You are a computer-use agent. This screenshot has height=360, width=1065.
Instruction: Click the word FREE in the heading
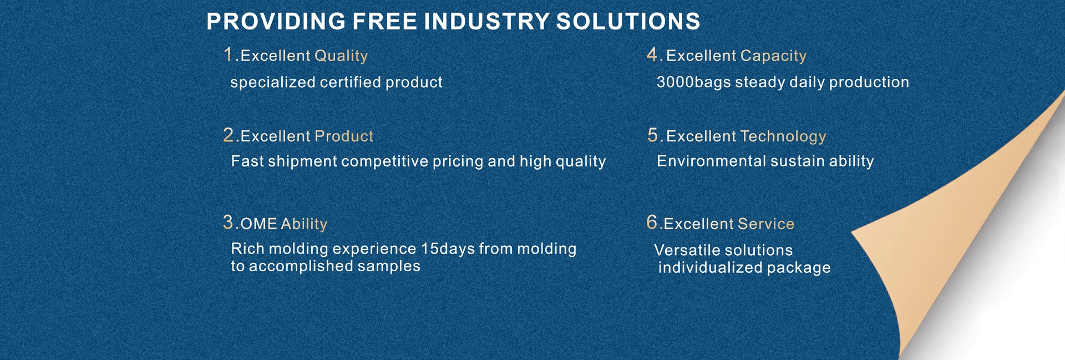(385, 22)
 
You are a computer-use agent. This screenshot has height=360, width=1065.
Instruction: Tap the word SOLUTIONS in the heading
(628, 22)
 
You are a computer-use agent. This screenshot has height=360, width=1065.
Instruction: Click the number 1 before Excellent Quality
(228, 54)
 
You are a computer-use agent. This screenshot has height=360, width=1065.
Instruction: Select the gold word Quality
(341, 56)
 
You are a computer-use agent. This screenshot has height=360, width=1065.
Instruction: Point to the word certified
(351, 82)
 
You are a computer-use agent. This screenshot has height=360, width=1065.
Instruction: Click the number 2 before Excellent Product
(229, 135)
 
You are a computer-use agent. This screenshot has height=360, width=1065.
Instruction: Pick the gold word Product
(344, 136)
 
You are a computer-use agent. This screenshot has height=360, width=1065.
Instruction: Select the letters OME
(258, 224)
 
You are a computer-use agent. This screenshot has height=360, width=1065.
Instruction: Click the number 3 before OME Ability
(228, 222)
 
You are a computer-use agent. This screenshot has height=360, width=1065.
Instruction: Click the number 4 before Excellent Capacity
(652, 54)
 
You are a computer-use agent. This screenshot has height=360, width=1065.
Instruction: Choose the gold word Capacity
(773, 56)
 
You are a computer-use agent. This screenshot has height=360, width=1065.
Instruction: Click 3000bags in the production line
(694, 82)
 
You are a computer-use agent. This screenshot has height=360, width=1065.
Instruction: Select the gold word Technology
(783, 136)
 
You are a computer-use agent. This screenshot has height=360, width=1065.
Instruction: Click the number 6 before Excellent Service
(652, 222)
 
